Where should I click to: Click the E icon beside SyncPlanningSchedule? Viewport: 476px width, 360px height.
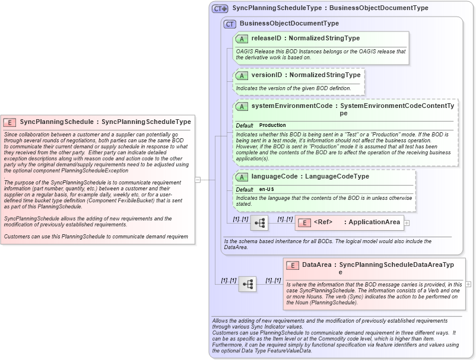[x=9, y=122]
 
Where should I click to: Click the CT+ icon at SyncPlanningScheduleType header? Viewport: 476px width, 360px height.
[x=220, y=9]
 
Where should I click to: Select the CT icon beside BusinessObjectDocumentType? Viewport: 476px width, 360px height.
[x=230, y=24]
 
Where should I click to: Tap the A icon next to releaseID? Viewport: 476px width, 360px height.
[x=242, y=39]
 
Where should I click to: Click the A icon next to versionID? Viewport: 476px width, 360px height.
[x=242, y=75]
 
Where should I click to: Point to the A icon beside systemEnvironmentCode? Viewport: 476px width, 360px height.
[x=242, y=106]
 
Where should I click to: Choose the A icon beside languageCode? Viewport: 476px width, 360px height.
[x=242, y=177]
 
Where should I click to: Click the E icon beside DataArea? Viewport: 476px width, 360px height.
[x=292, y=265]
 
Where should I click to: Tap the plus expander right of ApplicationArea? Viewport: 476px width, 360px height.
[x=407, y=223]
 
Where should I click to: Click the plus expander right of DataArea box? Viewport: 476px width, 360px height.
[x=468, y=284]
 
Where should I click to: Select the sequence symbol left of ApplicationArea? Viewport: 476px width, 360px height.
[x=259, y=223]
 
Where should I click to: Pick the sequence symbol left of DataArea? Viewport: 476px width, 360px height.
[x=247, y=284]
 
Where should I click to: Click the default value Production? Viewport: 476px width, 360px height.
[x=272, y=126]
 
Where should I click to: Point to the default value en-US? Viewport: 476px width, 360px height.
[x=266, y=189]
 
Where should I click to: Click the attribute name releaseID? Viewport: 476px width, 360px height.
[x=266, y=39]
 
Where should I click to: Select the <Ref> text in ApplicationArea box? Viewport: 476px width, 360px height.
[x=323, y=222]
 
